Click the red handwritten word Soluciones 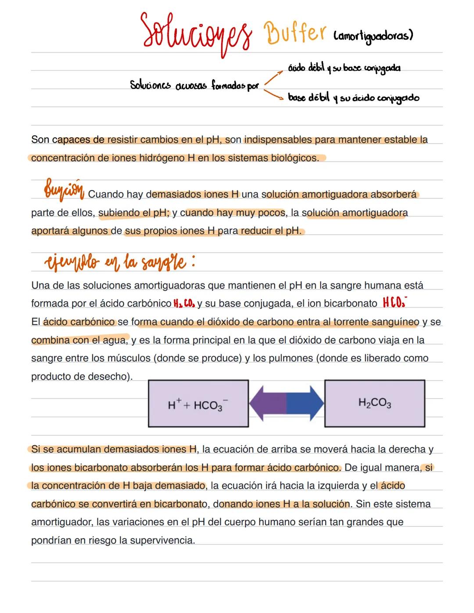pyautogui.click(x=196, y=32)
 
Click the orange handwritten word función pyautogui.click(x=64, y=191)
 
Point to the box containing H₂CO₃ pyautogui.click(x=374, y=403)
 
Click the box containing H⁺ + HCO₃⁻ pyautogui.click(x=198, y=403)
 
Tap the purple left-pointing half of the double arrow pyautogui.click(x=267, y=403)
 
